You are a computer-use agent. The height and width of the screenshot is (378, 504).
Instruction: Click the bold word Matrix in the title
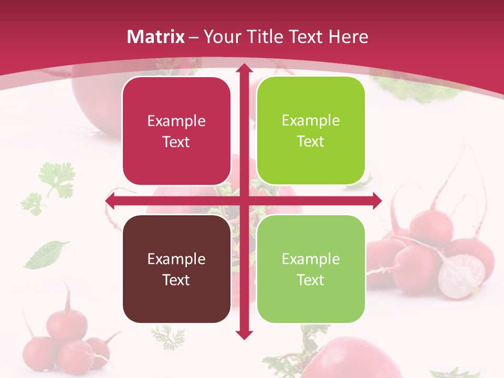click(156, 37)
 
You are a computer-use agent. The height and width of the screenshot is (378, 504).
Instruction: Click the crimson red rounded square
click(176, 131)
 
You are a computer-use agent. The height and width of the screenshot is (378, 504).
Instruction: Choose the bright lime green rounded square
click(311, 131)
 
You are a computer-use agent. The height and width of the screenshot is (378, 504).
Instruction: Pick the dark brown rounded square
click(176, 269)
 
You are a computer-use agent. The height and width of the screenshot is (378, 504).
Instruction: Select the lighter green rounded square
click(311, 269)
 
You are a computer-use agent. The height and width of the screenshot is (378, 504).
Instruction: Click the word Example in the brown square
click(176, 259)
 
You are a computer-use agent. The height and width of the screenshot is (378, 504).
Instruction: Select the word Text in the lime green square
click(311, 141)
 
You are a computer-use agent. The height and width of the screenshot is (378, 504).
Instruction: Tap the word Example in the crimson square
click(176, 121)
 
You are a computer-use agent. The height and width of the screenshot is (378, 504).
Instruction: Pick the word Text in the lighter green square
click(311, 280)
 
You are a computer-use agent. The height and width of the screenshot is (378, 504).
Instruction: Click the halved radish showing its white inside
click(461, 276)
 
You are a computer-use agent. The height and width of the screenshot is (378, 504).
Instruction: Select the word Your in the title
click(220, 37)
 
